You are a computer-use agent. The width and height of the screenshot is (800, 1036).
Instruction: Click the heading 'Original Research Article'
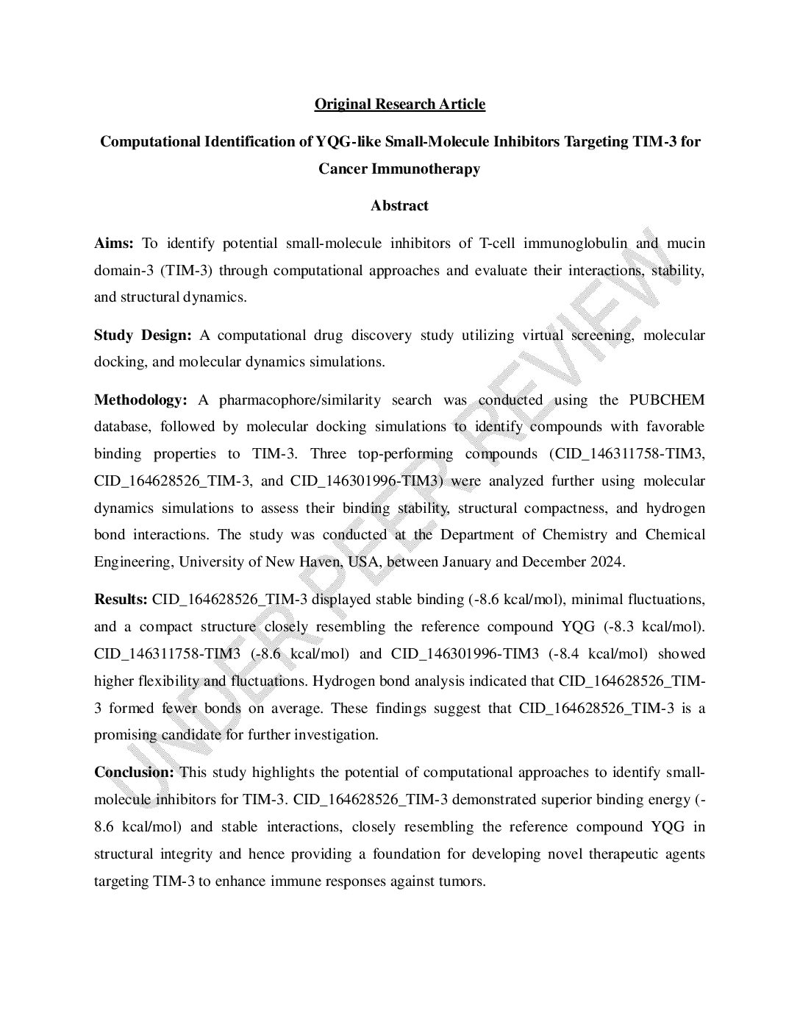pos(399,104)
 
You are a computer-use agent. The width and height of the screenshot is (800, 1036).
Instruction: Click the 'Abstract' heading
pos(399,205)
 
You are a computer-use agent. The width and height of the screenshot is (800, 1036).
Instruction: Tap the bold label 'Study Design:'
pos(143,336)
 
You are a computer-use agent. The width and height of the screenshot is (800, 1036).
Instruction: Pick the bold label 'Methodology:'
pos(140,400)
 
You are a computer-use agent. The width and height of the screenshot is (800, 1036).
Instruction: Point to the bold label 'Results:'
pos(121,600)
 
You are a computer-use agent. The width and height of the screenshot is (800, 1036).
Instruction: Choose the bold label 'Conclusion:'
pos(134,773)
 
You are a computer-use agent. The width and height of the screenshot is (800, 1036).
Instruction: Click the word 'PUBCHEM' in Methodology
pos(667,400)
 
